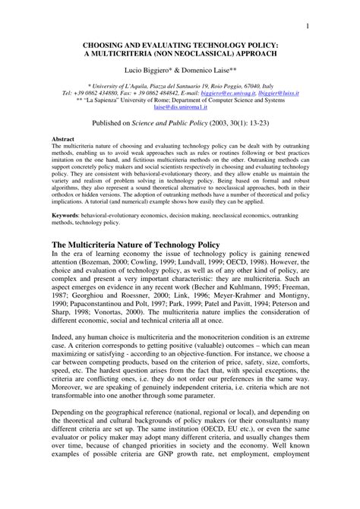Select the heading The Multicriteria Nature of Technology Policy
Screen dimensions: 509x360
134,243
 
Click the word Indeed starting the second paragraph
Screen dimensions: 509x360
62,353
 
